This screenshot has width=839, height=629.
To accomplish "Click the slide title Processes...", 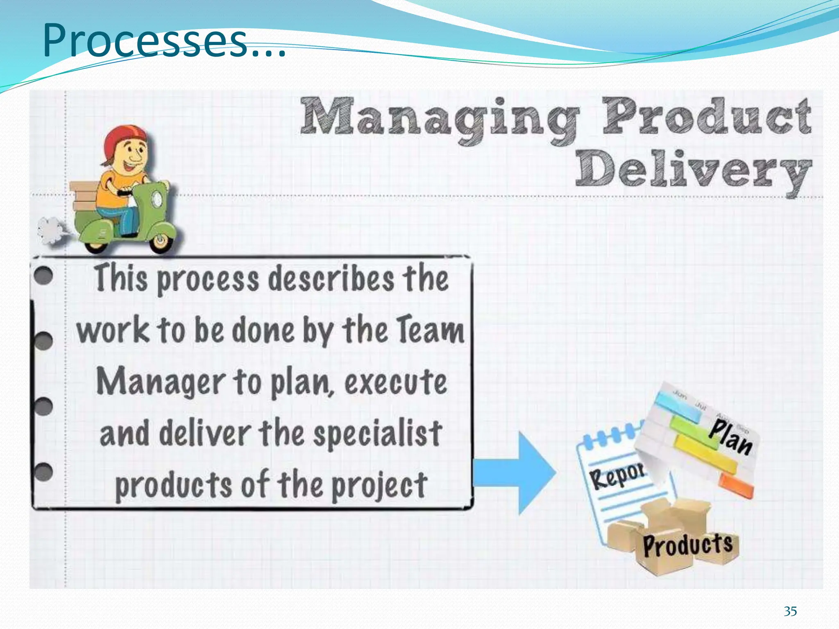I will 164,41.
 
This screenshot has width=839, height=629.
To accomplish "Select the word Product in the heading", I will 707,117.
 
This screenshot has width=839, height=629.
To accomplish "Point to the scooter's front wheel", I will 161,242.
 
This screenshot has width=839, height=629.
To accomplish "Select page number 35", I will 790,611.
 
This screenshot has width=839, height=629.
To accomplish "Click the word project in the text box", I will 379,486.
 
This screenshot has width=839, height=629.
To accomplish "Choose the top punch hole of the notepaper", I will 43,275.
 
